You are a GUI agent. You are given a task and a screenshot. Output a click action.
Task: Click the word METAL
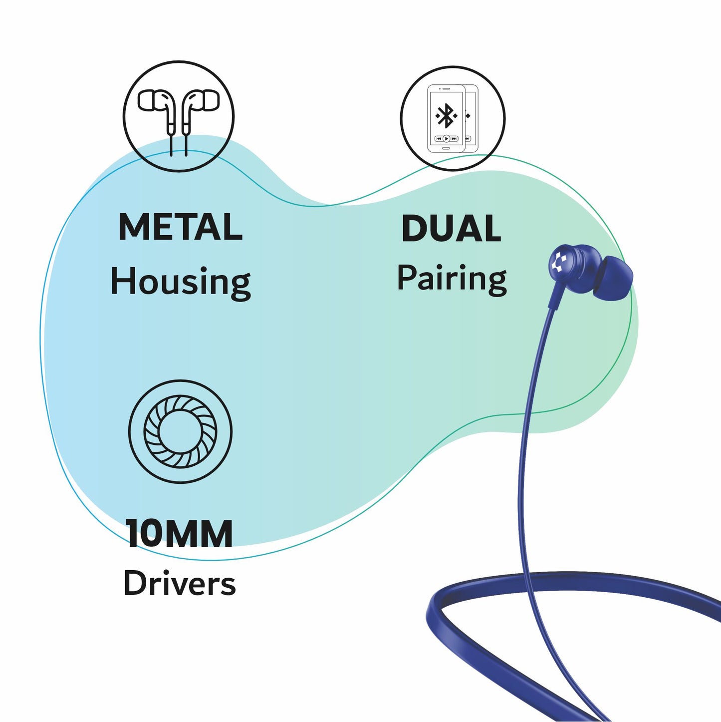tap(180, 227)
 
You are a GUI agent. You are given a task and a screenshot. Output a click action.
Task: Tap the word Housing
tap(180, 282)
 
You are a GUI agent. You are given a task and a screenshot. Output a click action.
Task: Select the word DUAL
tap(451, 229)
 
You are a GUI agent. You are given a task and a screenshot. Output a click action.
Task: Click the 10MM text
tap(179, 534)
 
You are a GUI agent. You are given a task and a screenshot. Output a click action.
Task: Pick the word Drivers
tap(179, 583)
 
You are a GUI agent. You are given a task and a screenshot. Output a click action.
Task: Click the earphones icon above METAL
tap(179, 116)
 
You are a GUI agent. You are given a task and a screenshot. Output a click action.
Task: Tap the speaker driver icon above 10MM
tap(180, 431)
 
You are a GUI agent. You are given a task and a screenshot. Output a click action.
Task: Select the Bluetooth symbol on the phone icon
tap(446, 116)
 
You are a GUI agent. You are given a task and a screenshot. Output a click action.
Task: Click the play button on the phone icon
tap(446, 138)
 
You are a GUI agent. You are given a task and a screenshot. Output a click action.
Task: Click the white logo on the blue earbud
tap(558, 262)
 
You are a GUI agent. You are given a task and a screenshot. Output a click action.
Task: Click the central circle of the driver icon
tap(180, 431)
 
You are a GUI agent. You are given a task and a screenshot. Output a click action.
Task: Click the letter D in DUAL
tap(415, 229)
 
